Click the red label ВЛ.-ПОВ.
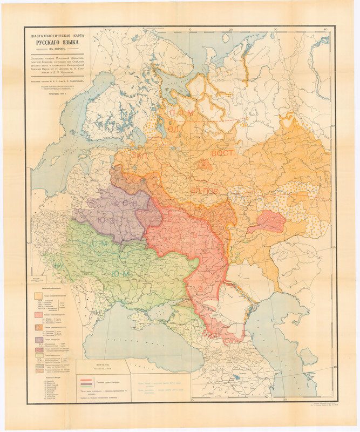[x=204, y=192]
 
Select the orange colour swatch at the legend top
[x=39, y=296]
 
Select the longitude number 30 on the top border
[x=276, y=31]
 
